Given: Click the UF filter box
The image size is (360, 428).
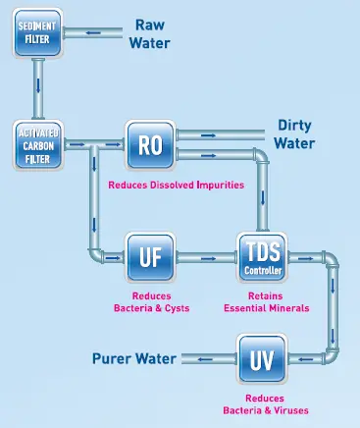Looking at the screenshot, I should (x=149, y=258).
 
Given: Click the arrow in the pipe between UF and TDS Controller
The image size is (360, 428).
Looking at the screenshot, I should (x=207, y=258).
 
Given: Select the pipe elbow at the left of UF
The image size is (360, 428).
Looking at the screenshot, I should (x=97, y=256).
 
